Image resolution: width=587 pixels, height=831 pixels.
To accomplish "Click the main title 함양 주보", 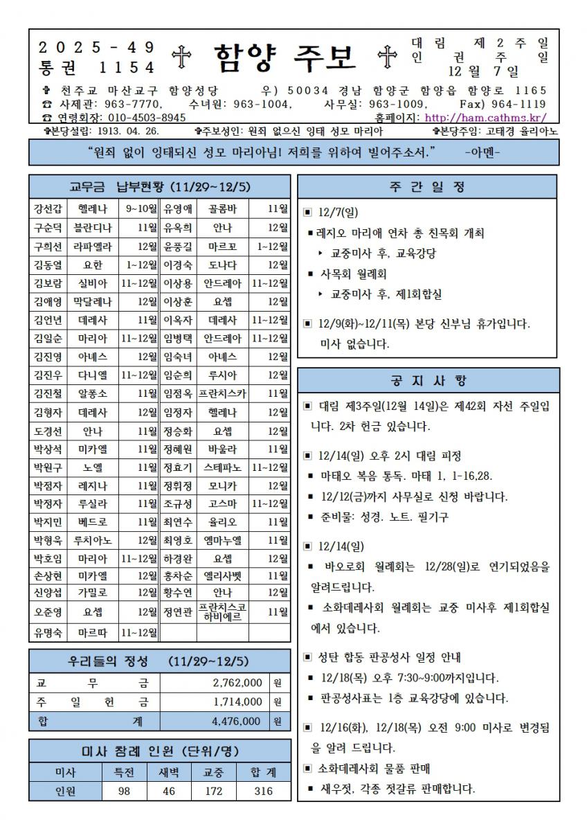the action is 285,58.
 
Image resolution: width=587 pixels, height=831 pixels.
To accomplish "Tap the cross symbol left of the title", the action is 181,59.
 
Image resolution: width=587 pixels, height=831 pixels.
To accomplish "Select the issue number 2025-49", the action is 96,48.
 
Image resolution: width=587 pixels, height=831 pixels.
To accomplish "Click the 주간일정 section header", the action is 426,187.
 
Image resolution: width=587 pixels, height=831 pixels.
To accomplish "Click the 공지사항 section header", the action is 426,381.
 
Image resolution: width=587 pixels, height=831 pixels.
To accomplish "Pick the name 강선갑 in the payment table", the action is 47,208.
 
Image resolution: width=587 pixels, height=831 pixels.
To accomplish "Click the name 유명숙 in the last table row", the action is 47,632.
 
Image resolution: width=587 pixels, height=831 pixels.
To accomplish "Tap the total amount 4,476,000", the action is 236,722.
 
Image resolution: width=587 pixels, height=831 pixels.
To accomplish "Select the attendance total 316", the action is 264,791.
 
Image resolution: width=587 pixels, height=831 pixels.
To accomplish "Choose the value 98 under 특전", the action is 125,791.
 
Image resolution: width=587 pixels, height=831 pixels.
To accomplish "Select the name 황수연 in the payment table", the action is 177,592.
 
